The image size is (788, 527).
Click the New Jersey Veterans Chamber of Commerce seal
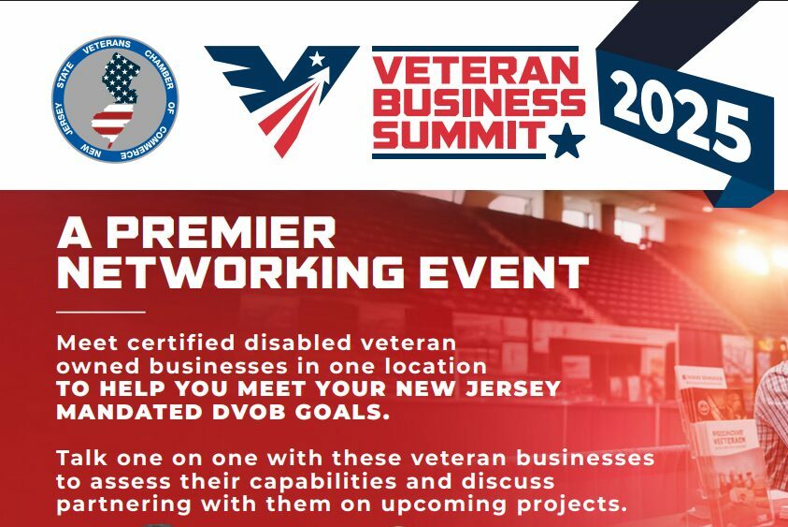click(x=115, y=99)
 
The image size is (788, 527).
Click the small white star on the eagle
click(x=317, y=59)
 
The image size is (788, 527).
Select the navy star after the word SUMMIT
click(x=566, y=140)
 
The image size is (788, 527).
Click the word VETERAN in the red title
click(x=476, y=70)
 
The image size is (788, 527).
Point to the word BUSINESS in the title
click(x=479, y=102)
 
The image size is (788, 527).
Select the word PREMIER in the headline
click(x=221, y=232)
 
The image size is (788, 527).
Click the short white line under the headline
click(x=101, y=312)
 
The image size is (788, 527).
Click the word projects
click(x=572, y=505)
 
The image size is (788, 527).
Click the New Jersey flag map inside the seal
click(x=115, y=99)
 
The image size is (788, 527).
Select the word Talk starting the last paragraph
click(x=81, y=458)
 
